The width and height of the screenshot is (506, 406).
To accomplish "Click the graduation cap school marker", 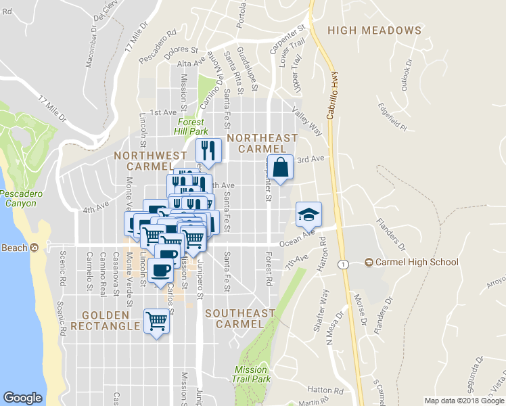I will click(308, 215).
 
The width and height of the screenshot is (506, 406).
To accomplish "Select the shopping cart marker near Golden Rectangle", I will click(157, 321).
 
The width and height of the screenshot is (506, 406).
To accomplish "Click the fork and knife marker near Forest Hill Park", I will click(208, 151).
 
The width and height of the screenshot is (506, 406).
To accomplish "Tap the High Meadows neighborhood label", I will click(374, 30).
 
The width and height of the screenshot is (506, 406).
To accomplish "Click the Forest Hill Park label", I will click(190, 127).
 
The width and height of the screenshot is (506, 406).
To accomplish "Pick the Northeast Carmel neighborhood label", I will click(262, 143).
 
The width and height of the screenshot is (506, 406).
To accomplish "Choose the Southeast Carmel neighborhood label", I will click(240, 318).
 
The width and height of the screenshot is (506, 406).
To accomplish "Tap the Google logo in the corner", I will click(22, 397).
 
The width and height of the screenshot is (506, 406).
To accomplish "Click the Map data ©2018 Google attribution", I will click(464, 401).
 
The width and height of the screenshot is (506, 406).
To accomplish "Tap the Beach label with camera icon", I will click(19, 248).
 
